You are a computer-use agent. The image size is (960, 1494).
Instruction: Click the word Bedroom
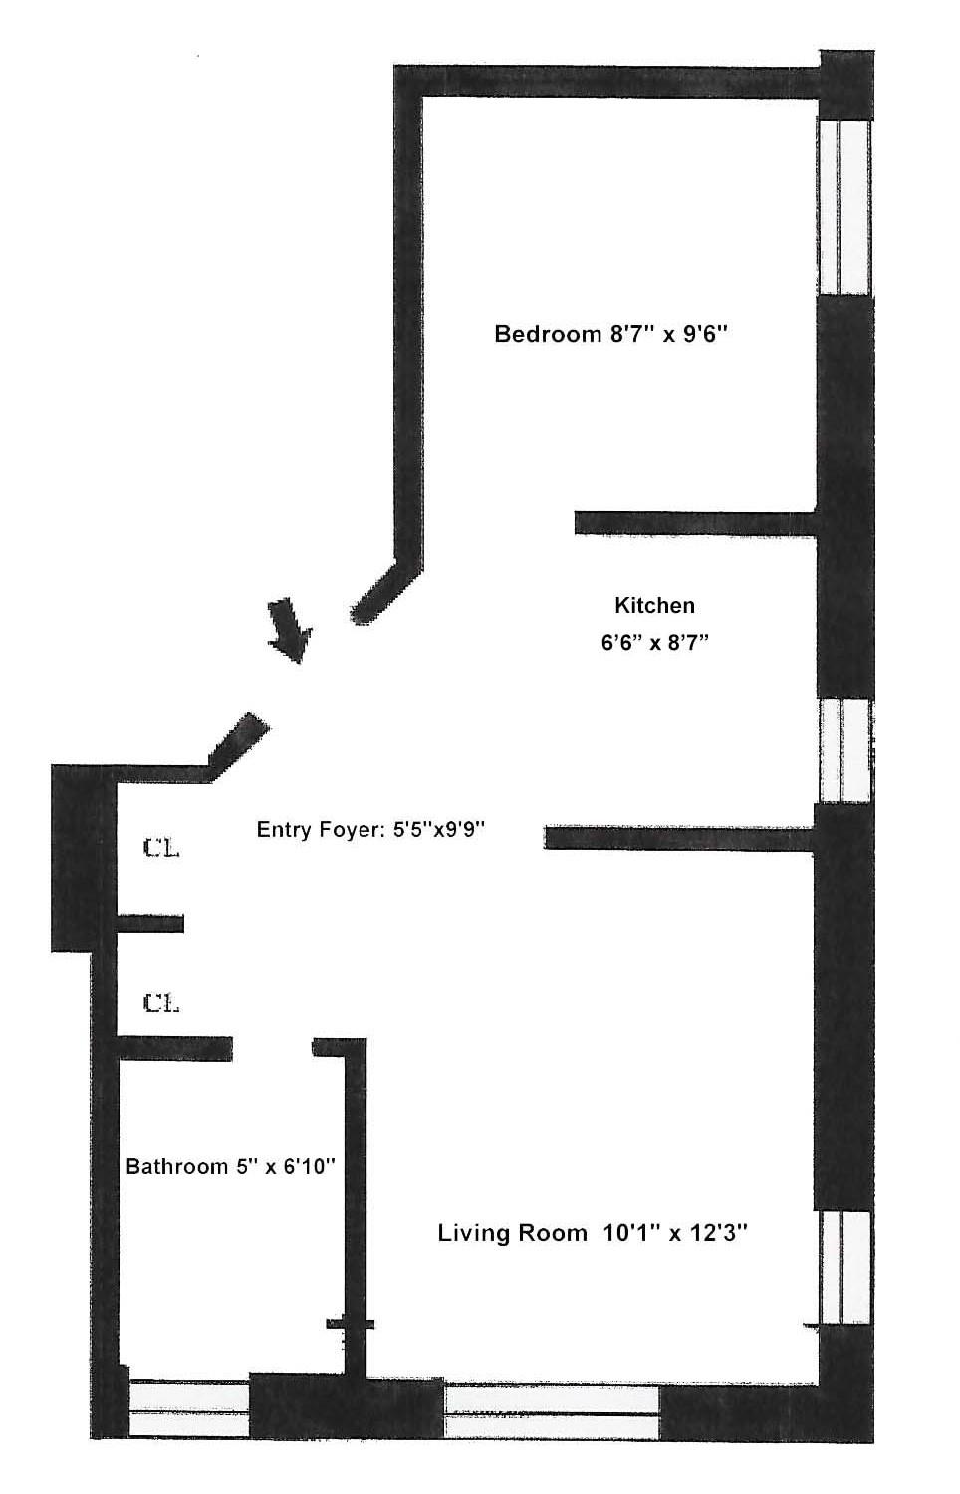point(535,334)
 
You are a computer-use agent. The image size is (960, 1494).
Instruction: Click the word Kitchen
point(654,605)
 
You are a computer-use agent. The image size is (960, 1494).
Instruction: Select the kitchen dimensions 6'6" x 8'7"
point(654,643)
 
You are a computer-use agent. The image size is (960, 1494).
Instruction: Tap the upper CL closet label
point(161,849)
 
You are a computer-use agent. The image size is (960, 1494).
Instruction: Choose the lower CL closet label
point(161,1003)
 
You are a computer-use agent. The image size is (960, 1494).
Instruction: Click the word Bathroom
point(177,1166)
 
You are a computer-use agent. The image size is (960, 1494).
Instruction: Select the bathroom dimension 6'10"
point(305,1166)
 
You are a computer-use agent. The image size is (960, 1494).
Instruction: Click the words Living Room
point(513,1233)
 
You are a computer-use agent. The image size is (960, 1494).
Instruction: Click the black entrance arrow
point(290,630)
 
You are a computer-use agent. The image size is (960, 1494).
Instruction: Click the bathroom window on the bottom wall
point(188,1407)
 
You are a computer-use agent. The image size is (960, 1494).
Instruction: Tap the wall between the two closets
point(150,924)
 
